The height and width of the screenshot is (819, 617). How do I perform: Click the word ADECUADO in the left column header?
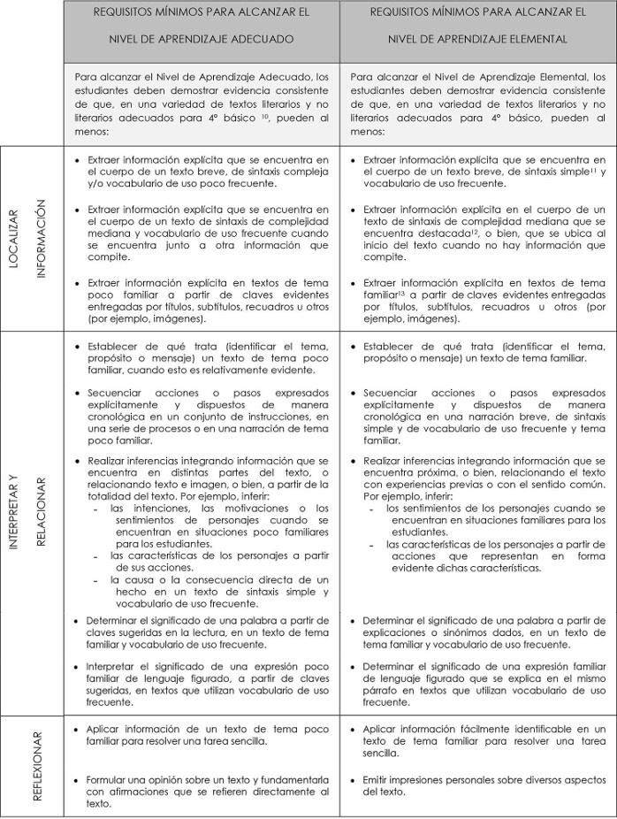[x=265, y=40]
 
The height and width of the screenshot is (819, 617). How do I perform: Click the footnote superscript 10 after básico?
[x=253, y=115]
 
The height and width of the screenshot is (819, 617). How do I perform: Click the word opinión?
[x=156, y=779]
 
